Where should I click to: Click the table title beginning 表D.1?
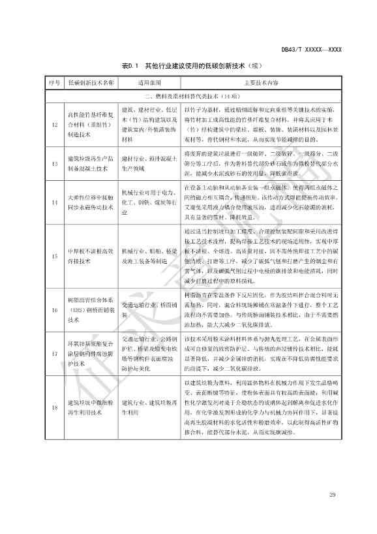click(188, 66)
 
